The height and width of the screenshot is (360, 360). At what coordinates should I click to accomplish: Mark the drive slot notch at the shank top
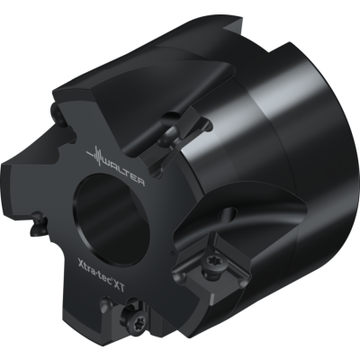pos(243,32)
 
